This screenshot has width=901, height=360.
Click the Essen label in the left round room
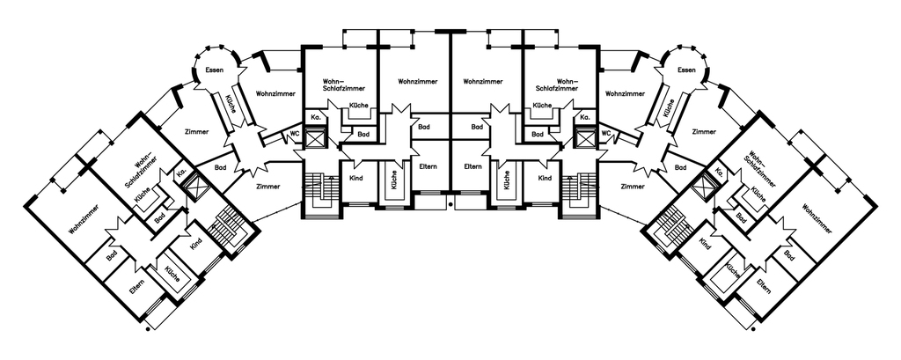(x=215, y=70)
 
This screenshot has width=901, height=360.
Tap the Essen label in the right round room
(x=686, y=70)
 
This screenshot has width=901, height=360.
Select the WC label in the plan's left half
(x=295, y=134)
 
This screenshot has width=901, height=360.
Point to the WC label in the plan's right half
(x=605, y=134)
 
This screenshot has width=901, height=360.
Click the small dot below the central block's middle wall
(x=450, y=204)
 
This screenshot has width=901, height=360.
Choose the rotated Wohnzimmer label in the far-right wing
(x=817, y=219)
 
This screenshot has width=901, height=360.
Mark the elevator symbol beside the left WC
(x=316, y=139)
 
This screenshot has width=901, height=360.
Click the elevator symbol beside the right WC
(x=584, y=139)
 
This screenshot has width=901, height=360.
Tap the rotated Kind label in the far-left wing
(x=196, y=244)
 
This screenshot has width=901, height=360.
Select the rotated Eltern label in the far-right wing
(x=764, y=286)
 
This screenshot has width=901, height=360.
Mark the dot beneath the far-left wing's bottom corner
(x=148, y=329)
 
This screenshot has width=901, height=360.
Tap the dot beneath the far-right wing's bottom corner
(x=753, y=329)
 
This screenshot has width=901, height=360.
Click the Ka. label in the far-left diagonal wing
(x=181, y=173)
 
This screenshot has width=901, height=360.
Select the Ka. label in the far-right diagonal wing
(x=720, y=173)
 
